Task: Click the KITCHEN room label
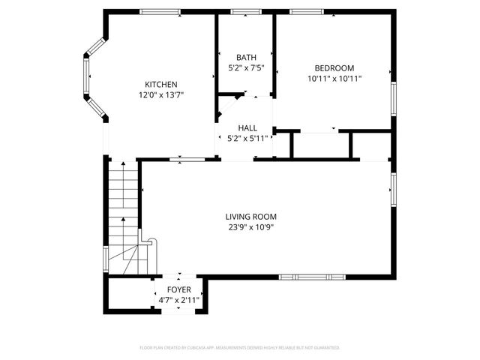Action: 161,84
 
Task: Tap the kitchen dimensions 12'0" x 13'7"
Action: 161,95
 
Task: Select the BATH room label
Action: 246,58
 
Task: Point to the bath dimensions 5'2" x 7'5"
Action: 246,68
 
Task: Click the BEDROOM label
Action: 334,67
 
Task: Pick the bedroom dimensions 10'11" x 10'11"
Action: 334,78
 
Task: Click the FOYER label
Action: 178,289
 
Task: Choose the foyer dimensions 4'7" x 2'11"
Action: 178,300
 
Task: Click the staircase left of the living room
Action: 122,217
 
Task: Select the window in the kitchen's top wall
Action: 160,12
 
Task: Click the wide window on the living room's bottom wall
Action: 313,277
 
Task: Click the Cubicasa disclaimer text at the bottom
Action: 240,348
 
